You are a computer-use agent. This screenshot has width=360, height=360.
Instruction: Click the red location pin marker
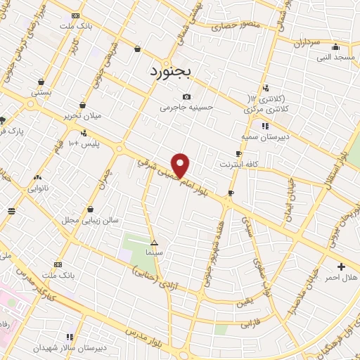point(181,165)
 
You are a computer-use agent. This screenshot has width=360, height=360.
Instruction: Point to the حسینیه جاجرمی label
point(186,108)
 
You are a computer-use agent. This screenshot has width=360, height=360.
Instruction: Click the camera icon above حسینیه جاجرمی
point(186,97)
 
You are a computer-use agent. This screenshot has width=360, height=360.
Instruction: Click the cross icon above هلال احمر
point(342,266)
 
